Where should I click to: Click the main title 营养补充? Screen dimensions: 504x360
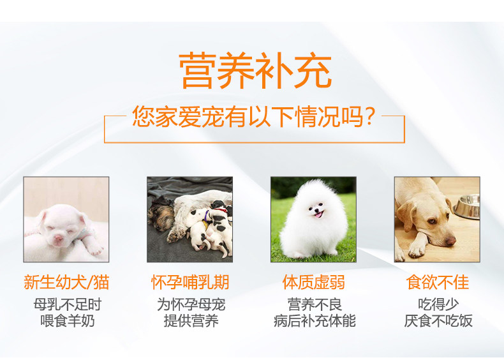pyautogui.click(x=255, y=70)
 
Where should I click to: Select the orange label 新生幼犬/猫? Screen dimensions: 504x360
pyautogui.click(x=66, y=282)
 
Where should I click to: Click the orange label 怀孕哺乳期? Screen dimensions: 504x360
pyautogui.click(x=190, y=282)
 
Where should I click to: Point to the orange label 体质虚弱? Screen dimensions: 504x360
pyautogui.click(x=314, y=282)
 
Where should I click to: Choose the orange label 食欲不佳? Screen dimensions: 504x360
pyautogui.click(x=438, y=282)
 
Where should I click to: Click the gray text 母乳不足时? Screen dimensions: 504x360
pyautogui.click(x=68, y=304)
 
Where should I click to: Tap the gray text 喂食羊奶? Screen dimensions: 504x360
pyautogui.click(x=68, y=321)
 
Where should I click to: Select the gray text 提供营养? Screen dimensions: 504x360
pyautogui.click(x=191, y=321)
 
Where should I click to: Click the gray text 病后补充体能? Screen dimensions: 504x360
pyautogui.click(x=315, y=321)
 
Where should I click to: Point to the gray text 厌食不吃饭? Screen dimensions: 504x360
pyautogui.click(x=438, y=321)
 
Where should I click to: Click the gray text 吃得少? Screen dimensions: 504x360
pyautogui.click(x=438, y=304)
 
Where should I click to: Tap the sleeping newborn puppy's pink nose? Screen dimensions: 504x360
pyautogui.click(x=58, y=238)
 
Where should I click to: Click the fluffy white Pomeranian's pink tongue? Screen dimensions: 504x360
pyautogui.click(x=318, y=215)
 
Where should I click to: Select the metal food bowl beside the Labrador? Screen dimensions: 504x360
pyautogui.click(x=467, y=207)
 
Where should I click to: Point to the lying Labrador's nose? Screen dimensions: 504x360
pyautogui.click(x=450, y=241)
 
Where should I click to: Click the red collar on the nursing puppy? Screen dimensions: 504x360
pyautogui.click(x=221, y=210)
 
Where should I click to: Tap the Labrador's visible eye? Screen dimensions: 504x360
pyautogui.click(x=431, y=221)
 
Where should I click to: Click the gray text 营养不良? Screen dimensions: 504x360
pyautogui.click(x=315, y=304)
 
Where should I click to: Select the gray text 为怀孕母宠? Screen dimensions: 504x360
pyautogui.click(x=191, y=304)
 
